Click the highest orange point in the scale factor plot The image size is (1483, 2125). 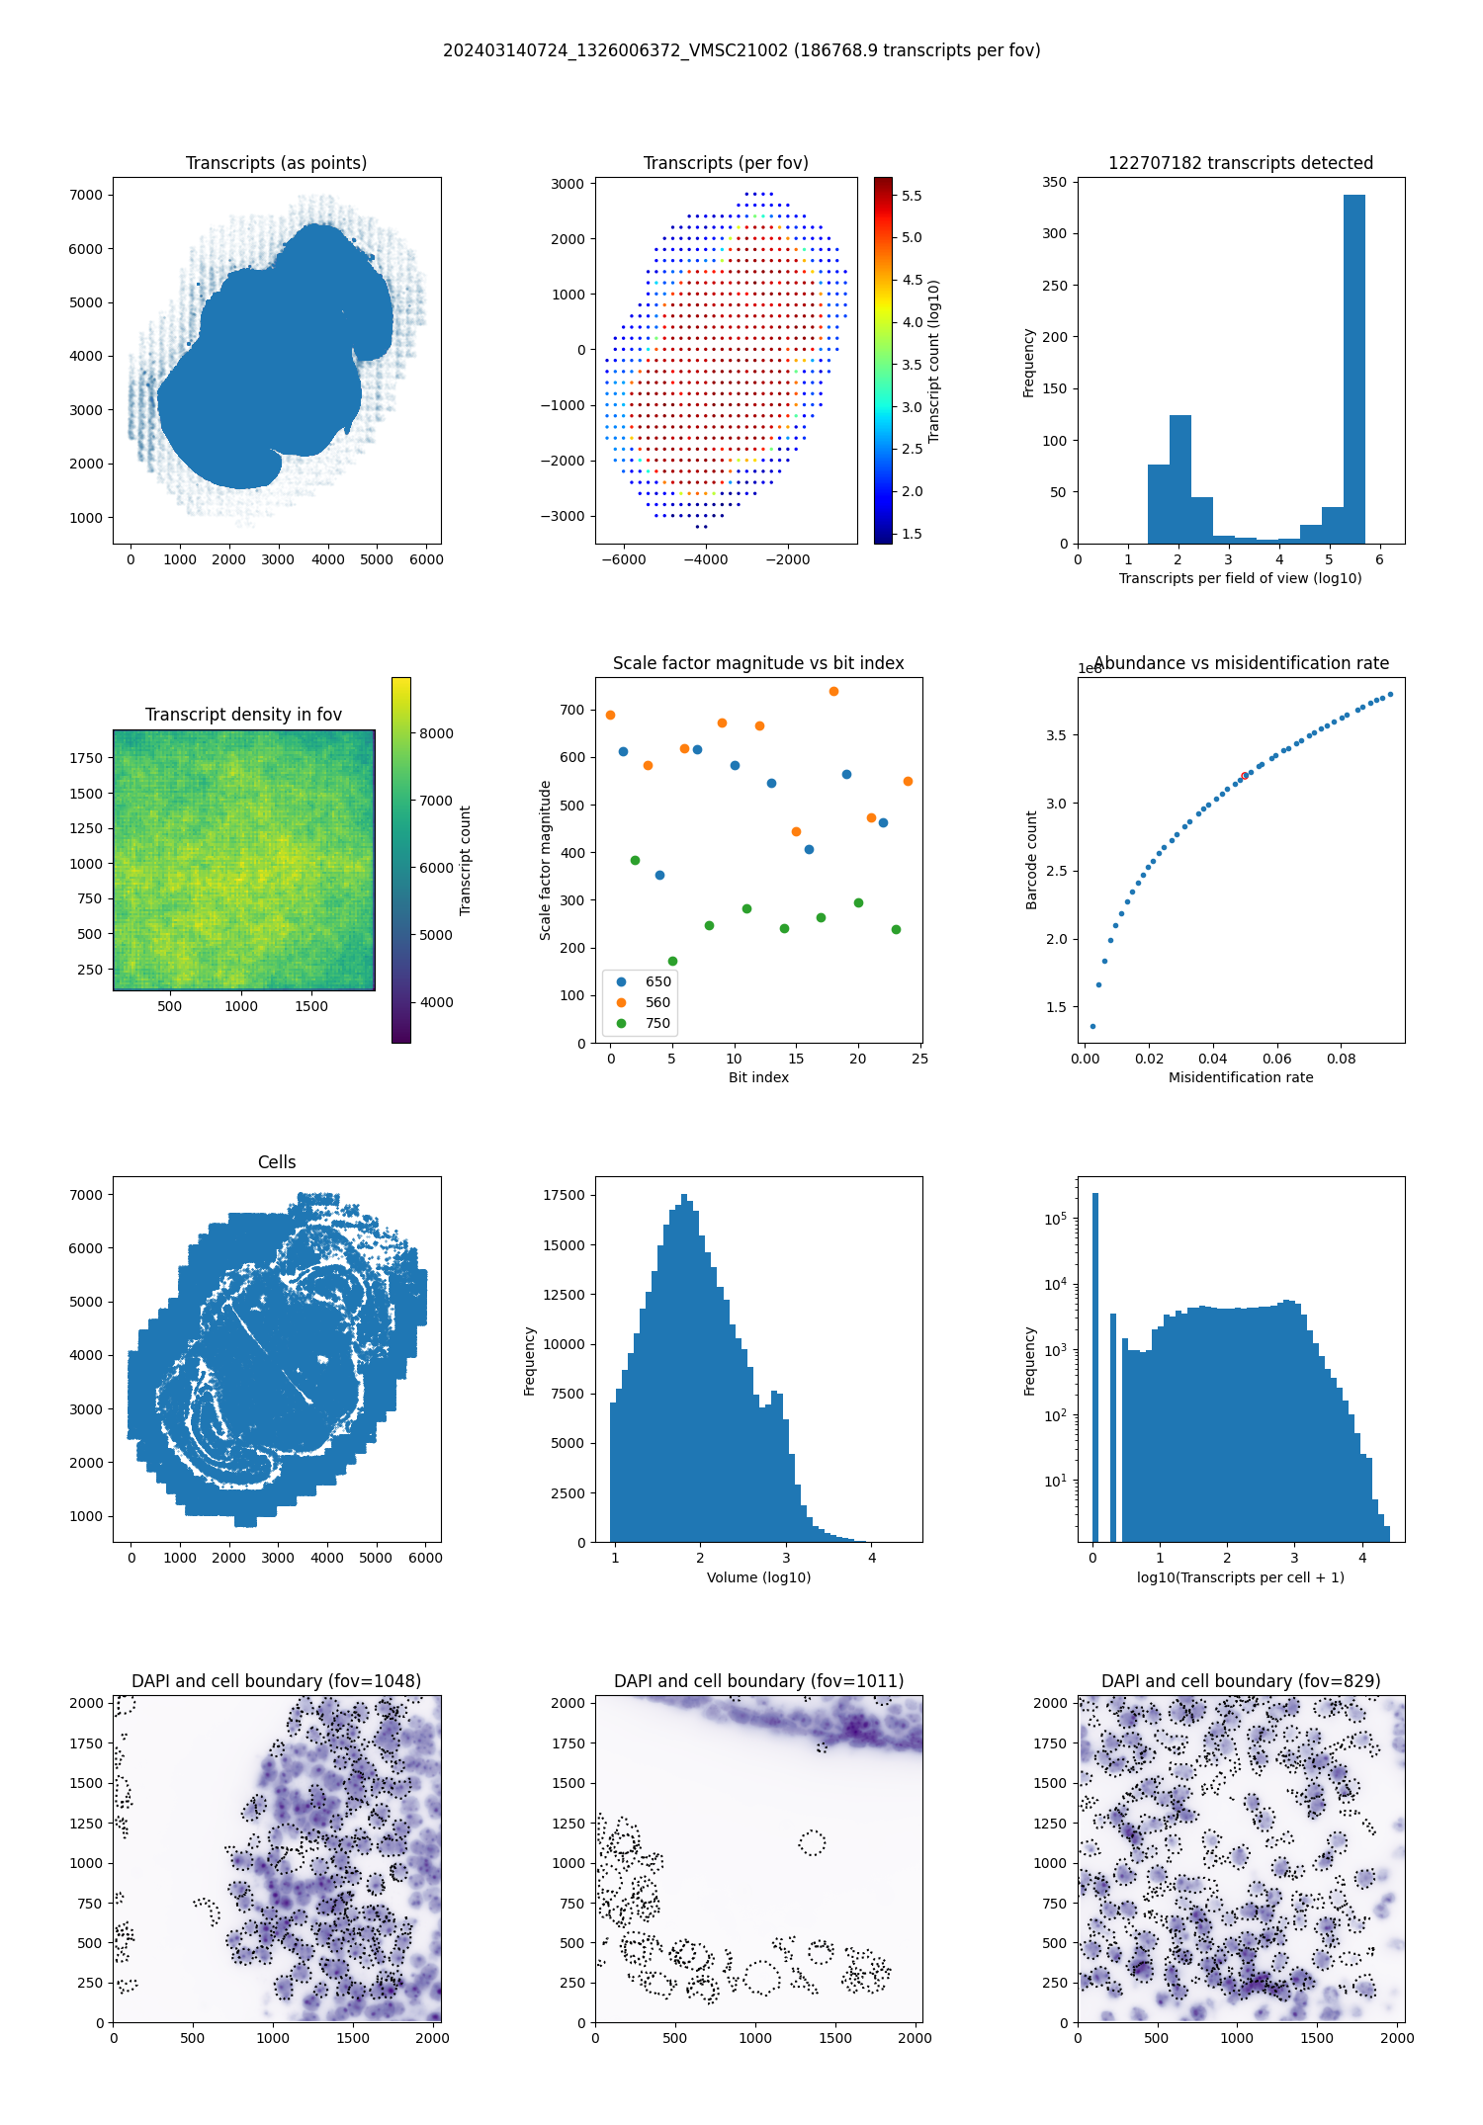pos(833,691)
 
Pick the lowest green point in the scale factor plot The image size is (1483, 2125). pos(672,961)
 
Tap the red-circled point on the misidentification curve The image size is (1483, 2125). pos(1244,776)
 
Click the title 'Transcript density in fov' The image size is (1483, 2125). pos(243,715)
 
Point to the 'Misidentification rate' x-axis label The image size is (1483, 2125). pos(1241,1077)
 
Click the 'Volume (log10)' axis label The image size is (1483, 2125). pos(758,1577)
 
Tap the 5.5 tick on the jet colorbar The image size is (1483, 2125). pos(911,196)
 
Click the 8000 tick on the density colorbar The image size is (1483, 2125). pos(436,733)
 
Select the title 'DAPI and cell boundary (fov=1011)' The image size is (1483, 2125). pos(758,1681)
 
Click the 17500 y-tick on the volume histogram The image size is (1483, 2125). pos(564,1195)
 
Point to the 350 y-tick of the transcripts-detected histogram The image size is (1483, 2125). pos(1054,182)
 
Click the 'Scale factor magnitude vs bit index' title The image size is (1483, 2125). pos(758,663)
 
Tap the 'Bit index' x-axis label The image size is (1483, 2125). pos(758,1077)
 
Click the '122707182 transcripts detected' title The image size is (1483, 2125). pos(1241,163)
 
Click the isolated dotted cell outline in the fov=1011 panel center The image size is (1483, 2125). pos(812,1842)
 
